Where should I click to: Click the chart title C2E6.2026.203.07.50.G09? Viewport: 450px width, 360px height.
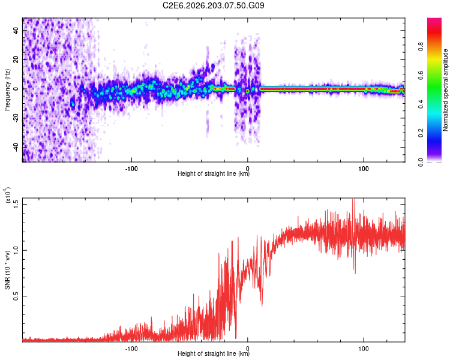coord(213,5)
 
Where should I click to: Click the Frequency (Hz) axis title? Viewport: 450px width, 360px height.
coord(7,90)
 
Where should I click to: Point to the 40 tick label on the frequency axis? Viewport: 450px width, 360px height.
coord(16,30)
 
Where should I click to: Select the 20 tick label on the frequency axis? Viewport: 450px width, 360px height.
coord(16,59)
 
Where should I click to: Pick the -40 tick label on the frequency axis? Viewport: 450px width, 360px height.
coord(16,146)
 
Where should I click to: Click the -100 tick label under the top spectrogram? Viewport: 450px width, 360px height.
coord(131,169)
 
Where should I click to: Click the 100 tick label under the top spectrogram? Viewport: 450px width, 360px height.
coord(364,169)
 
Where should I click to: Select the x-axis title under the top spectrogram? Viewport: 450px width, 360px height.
coord(214,173)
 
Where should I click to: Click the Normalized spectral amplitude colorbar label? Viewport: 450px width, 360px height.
coord(445,90)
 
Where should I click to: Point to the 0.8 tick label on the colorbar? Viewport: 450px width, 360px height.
coord(421,47)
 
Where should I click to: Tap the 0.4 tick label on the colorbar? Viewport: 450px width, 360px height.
coord(421,104)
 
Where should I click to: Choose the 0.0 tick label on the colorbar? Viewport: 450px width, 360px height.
coord(421,162)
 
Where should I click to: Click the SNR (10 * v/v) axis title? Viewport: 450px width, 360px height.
coord(7,270)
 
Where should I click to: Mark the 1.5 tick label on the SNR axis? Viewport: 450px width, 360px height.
coord(16,205)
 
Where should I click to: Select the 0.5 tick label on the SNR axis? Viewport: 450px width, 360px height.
coord(16,296)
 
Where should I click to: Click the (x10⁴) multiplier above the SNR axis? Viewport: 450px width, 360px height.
coord(7,195)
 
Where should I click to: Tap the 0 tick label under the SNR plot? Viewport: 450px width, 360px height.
coord(248,349)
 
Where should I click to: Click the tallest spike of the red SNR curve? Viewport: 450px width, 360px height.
coord(354,199)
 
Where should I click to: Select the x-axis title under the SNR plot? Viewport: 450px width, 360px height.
coord(214,353)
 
